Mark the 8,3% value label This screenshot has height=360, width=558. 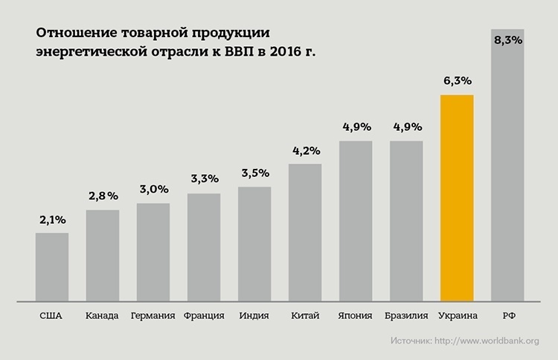[x=507, y=39]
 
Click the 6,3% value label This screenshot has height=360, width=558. [x=457, y=80]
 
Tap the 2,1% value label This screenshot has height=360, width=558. [x=52, y=219]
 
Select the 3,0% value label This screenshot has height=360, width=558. [x=153, y=190]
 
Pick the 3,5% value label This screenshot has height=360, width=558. [x=254, y=173]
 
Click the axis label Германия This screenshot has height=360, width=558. [x=153, y=315]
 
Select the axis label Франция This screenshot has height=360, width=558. [x=203, y=315]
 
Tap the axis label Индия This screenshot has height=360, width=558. [x=254, y=315]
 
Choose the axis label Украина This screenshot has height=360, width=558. [x=458, y=315]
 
